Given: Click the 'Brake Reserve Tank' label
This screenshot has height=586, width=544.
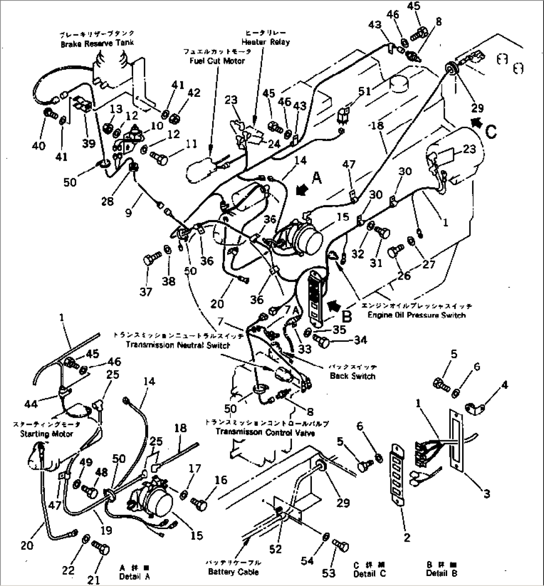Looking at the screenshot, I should [x=97, y=43].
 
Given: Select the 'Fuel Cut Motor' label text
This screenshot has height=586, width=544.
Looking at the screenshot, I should [x=217, y=61].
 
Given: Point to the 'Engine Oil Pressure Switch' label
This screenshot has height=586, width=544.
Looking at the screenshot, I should [x=422, y=314].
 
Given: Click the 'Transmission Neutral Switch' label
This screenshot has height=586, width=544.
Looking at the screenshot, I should [x=178, y=344].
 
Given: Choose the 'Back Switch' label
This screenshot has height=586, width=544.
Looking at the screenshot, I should [x=352, y=376].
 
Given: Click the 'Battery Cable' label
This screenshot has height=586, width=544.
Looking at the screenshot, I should [x=234, y=572].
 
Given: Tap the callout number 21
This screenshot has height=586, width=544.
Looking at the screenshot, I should [x=94, y=579].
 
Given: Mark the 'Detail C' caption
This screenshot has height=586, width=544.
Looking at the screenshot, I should [x=369, y=574].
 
